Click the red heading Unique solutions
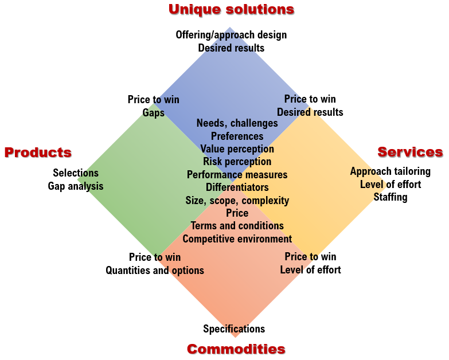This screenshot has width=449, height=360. coord(231,9)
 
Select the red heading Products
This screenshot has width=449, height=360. coord(38,152)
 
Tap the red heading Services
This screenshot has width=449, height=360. coord(410,152)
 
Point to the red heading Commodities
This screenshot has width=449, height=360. coord(236,349)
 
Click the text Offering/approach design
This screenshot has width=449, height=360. coord(231,35)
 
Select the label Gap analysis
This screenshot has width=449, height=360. coord(76,186)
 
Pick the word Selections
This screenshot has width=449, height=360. coord(76,173)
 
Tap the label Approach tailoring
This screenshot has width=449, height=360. coord(390,171)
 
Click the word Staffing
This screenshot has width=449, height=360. coord(391,197)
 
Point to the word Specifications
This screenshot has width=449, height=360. coord(234,329)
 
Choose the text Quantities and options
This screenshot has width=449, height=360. coord(155,271)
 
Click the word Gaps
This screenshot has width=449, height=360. coord(153,113)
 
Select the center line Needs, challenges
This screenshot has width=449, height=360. coord(237,123)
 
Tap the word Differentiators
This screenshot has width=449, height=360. coord(237,187)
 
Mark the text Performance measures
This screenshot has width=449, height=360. coord(237,175)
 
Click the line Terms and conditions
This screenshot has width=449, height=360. coord(237,226)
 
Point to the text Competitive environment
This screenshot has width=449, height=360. coord(237,239)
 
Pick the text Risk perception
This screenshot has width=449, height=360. coord(237,162)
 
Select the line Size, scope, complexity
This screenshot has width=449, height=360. coord(237,201)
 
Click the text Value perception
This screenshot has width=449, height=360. coord(237,149)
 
